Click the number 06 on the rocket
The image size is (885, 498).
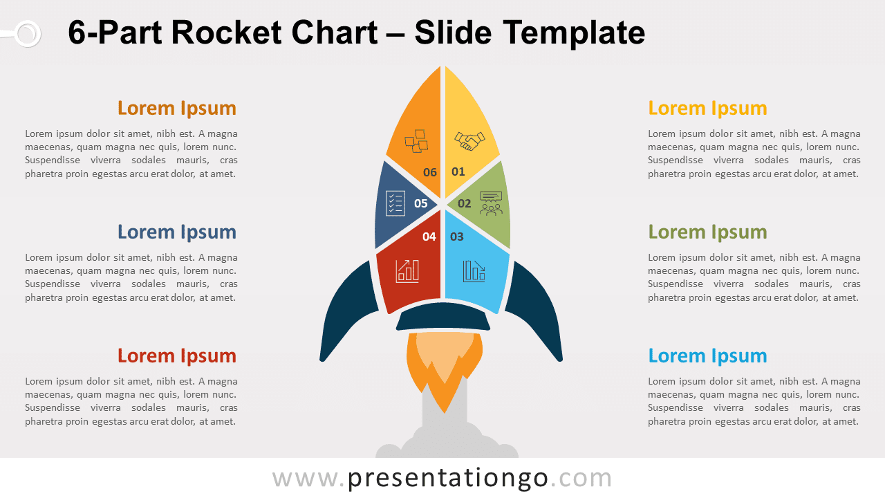click(x=430, y=172)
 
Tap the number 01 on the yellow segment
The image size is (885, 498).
click(x=458, y=172)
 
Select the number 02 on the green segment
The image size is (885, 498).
click(x=464, y=203)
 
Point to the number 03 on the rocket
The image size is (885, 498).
click(x=457, y=237)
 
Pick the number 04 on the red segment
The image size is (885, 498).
click(x=429, y=237)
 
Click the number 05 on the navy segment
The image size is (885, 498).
click(x=421, y=203)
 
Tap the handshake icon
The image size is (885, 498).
click(x=469, y=141)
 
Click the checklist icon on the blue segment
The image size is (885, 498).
click(x=395, y=203)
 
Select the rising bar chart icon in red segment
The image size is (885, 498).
click(x=407, y=271)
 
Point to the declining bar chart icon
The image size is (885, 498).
click(x=474, y=271)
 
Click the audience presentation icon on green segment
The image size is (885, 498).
click(x=491, y=203)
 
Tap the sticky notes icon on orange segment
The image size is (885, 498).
click(x=416, y=141)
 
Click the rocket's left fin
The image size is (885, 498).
click(x=348, y=312)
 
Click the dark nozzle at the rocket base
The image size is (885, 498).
click(x=443, y=316)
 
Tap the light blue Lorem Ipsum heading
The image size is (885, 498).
click(x=707, y=356)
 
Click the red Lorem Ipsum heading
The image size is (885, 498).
click(x=177, y=356)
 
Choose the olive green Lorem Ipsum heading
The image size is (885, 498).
click(x=707, y=232)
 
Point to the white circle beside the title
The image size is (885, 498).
click(x=28, y=34)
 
